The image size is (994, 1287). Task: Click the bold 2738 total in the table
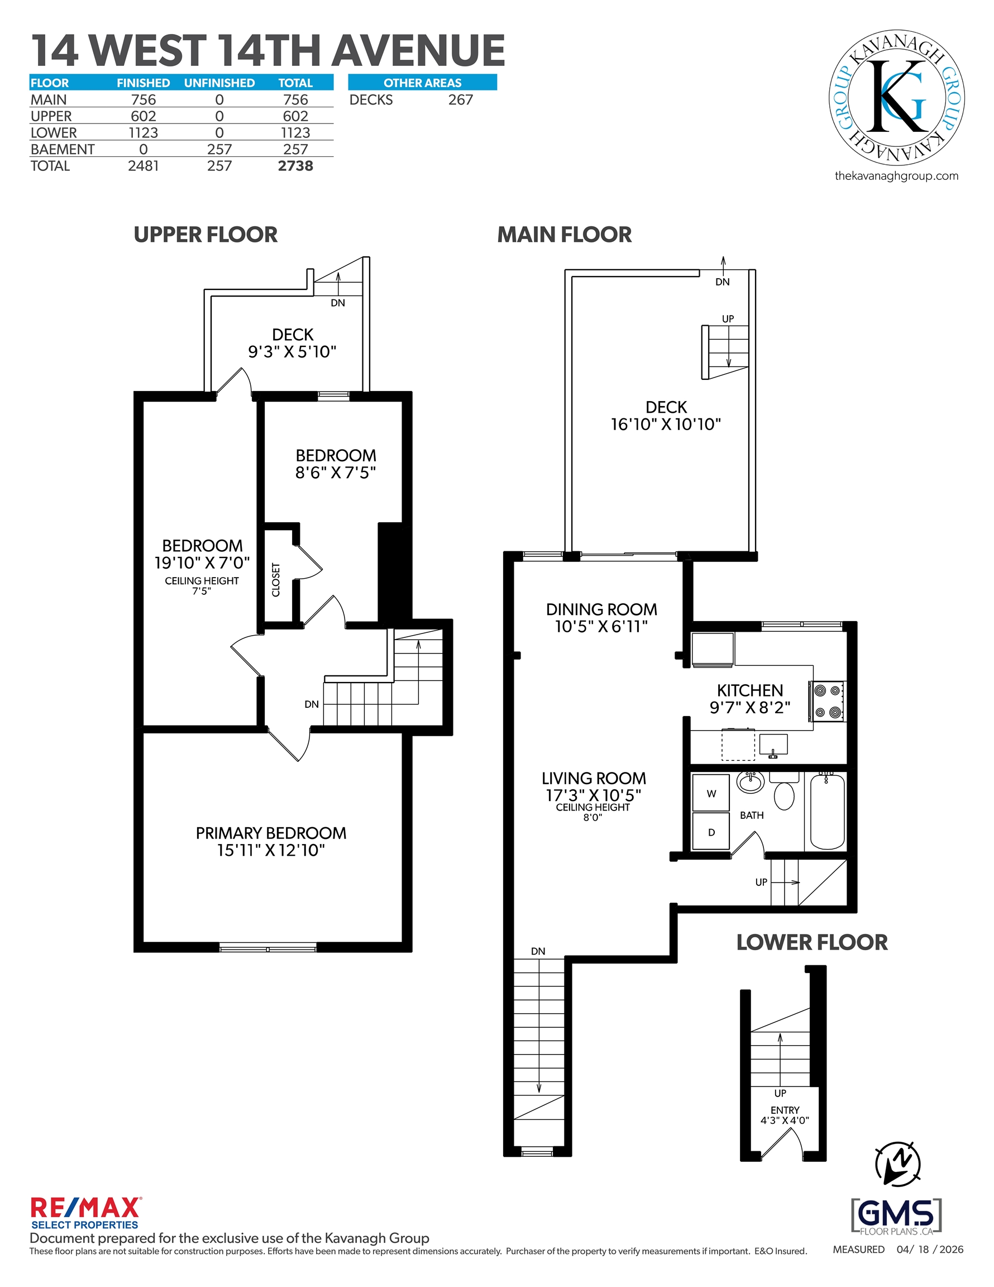(x=295, y=166)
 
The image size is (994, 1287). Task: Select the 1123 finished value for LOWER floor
(x=143, y=133)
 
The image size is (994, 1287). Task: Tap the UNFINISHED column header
(x=219, y=83)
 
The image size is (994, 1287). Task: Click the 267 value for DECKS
(x=460, y=100)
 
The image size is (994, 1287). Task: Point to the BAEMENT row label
(x=63, y=150)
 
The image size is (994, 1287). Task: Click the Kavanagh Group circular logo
(x=896, y=98)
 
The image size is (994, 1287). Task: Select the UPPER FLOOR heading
(x=206, y=235)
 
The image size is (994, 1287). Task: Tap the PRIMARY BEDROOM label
(x=271, y=833)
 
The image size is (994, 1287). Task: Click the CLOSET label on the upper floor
(x=276, y=580)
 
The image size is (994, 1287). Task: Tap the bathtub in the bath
(x=827, y=812)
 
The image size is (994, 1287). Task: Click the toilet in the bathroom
(x=783, y=792)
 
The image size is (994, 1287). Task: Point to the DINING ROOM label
(x=601, y=609)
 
